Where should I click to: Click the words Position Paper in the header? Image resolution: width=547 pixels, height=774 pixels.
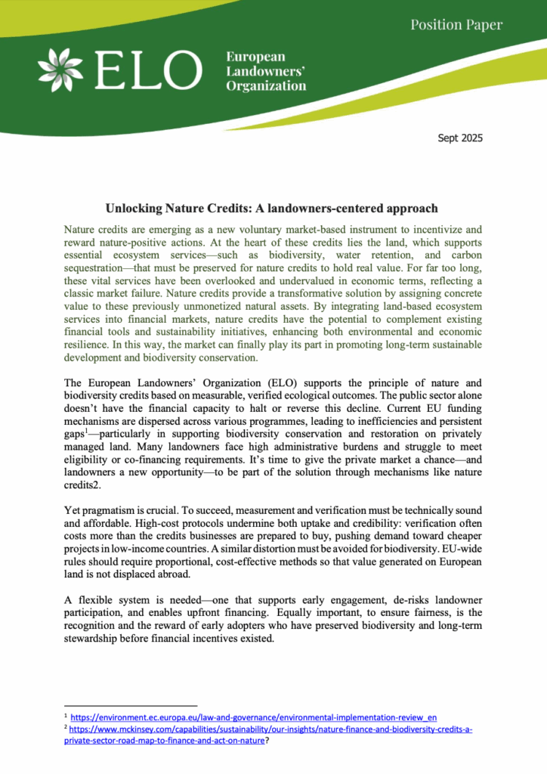[x=456, y=25]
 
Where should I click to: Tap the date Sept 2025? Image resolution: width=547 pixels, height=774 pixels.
[x=460, y=138]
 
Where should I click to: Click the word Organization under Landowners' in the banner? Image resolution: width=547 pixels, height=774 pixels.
[x=266, y=85]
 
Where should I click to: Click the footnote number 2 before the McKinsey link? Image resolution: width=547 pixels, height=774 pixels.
[x=66, y=729]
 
